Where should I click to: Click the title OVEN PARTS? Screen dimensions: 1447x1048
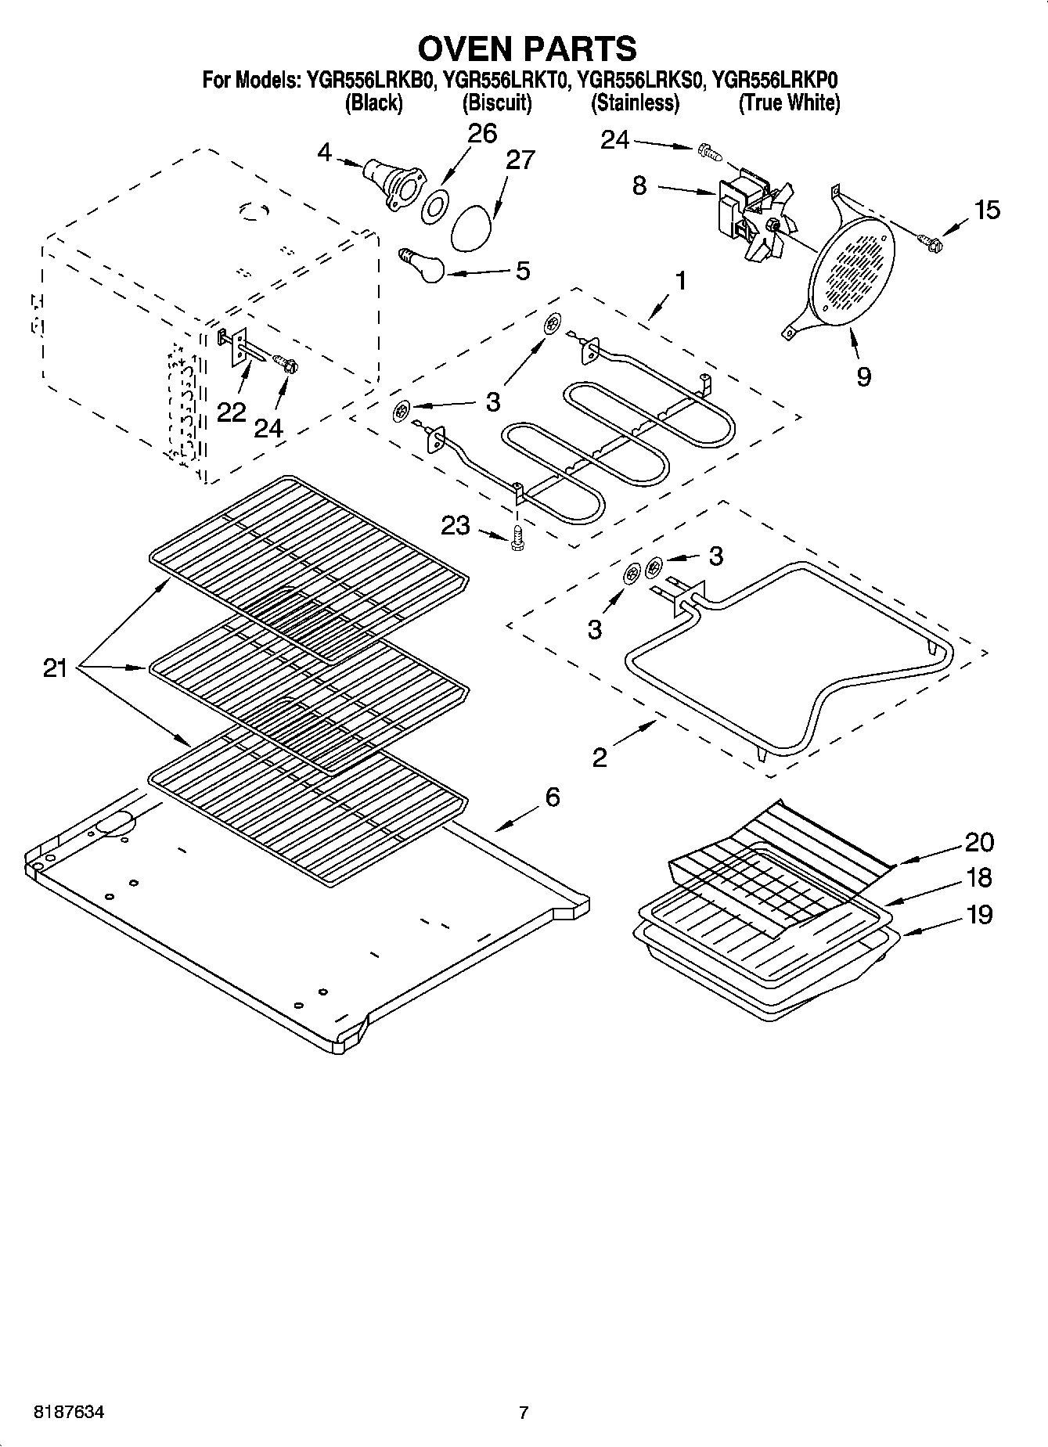point(527,49)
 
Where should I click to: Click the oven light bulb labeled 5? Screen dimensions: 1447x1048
point(423,266)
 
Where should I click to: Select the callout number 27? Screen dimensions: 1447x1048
point(520,160)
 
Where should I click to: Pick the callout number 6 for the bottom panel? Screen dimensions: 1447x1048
point(553,797)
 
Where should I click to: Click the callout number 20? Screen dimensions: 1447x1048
point(979,842)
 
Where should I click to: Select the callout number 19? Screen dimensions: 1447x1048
point(979,914)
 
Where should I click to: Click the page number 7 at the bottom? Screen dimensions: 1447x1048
point(524,1413)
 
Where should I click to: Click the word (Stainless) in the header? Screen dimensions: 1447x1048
point(635,103)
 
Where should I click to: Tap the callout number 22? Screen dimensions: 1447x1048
point(231,412)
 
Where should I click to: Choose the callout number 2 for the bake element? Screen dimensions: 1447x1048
point(600,757)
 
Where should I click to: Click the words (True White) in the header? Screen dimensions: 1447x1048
point(789,103)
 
